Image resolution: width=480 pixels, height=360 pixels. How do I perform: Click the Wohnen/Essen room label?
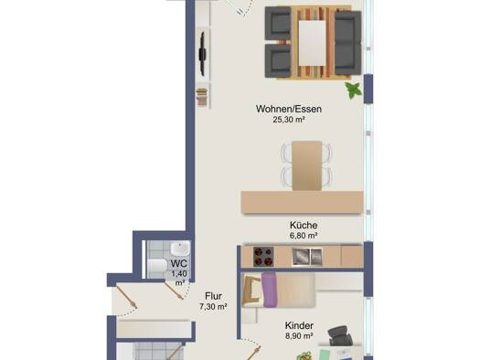click(289, 109)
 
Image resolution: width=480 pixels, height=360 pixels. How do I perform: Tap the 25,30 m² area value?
click(289, 120)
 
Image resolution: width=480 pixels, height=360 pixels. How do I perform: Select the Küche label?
click(304, 225)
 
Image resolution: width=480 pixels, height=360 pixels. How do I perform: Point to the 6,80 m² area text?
click(304, 236)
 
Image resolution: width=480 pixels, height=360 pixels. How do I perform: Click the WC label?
click(179, 263)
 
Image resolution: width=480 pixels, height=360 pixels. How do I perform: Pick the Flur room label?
click(213, 296)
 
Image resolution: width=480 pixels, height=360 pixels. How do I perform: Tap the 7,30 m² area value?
click(213, 306)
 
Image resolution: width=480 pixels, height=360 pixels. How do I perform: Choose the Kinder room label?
click(299, 325)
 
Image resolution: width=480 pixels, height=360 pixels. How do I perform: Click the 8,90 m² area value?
click(299, 336)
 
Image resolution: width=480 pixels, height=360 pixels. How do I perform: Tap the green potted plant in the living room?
click(354, 90)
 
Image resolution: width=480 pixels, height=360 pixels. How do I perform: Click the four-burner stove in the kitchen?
click(263, 257)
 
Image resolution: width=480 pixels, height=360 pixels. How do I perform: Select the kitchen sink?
click(306, 257)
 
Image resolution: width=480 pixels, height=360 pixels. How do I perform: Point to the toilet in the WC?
click(156, 265)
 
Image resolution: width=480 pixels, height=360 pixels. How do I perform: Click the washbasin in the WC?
click(180, 249)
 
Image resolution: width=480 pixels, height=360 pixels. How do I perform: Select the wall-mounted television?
click(202, 54)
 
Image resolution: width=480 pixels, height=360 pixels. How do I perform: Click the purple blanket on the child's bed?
click(269, 290)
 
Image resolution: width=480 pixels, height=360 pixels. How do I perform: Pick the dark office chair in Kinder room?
click(340, 335)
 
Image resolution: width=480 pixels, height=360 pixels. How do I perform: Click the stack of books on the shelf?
click(202, 97)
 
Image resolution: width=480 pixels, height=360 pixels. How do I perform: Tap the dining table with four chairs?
click(306, 165)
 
